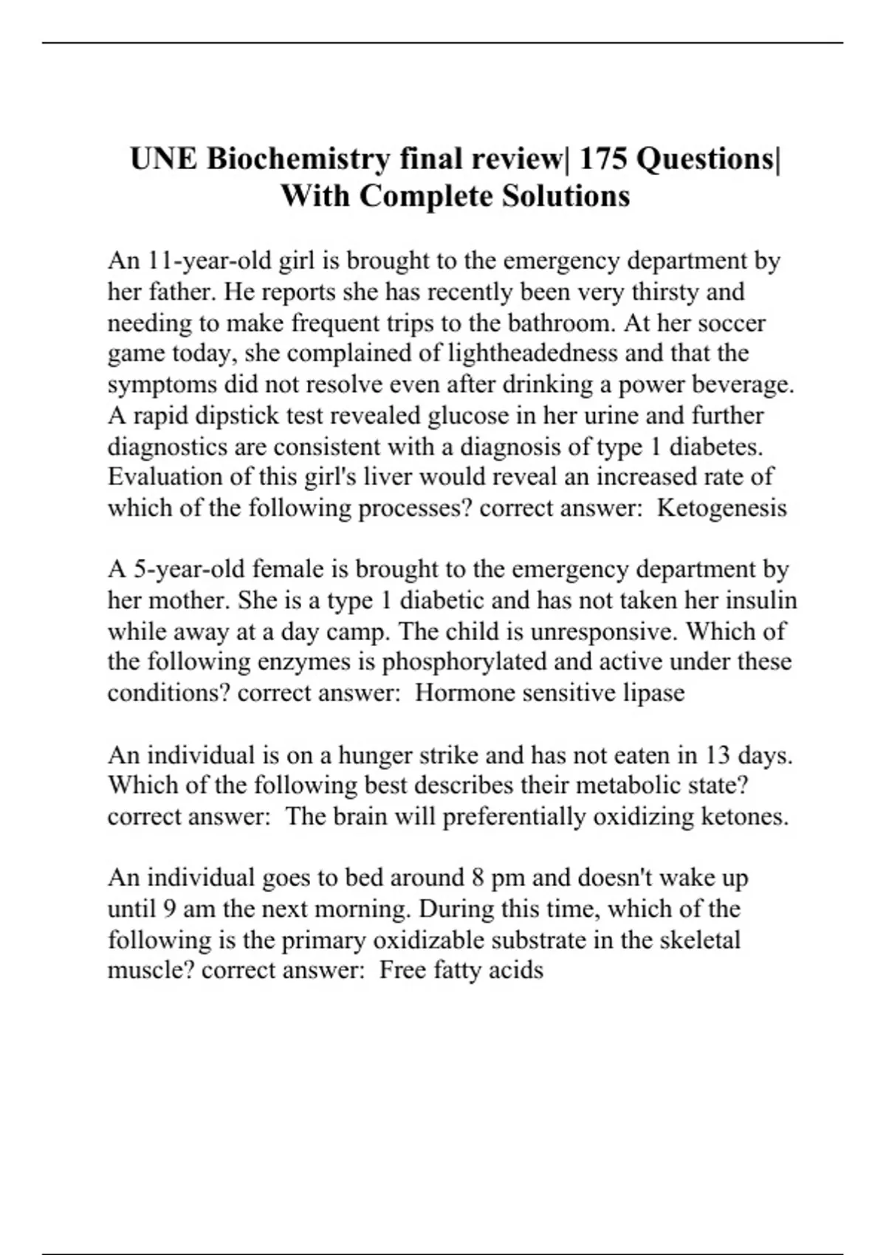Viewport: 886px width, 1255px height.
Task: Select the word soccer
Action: [732, 323]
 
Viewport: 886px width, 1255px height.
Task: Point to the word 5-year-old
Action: [184, 569]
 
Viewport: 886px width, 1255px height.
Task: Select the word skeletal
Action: [699, 940]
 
